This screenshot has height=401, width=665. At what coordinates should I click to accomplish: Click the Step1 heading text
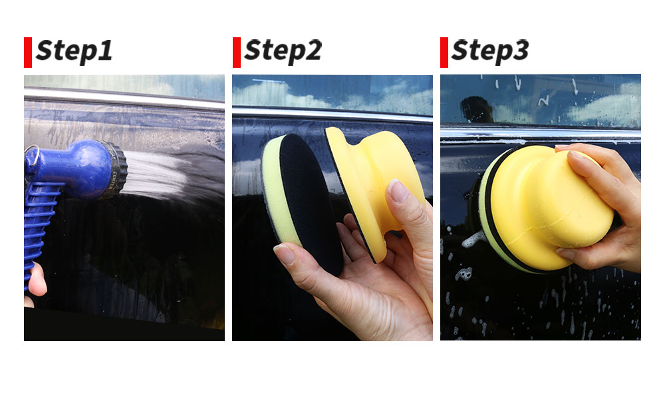point(74,51)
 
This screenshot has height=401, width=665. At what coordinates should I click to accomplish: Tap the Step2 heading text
point(283,51)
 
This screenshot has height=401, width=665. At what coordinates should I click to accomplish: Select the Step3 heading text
point(490,51)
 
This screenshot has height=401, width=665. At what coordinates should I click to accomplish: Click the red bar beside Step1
point(28,53)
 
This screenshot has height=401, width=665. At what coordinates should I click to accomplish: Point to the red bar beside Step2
point(237,53)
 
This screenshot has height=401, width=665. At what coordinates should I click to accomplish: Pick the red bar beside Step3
point(444,53)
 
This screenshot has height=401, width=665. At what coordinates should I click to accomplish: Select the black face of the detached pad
point(312,203)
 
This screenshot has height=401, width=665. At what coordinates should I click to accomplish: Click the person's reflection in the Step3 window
point(477,109)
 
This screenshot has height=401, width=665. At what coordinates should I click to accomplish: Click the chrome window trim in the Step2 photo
point(332,114)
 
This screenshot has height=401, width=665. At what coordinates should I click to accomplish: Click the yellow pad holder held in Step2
point(373,186)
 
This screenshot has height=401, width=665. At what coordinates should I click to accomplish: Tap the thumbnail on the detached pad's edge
point(285,254)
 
